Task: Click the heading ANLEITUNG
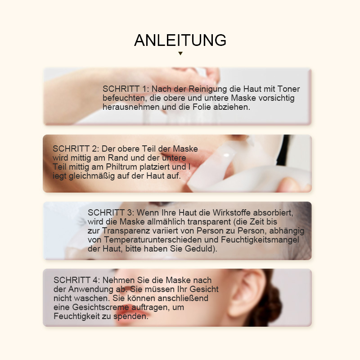[180, 40]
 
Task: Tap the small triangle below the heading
[180, 53]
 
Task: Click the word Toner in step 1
[288, 89]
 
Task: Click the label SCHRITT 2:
[76, 149]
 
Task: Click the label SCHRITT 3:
[111, 212]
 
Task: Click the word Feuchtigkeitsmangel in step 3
[260, 240]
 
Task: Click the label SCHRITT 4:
[77, 280]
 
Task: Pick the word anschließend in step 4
[183, 298]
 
